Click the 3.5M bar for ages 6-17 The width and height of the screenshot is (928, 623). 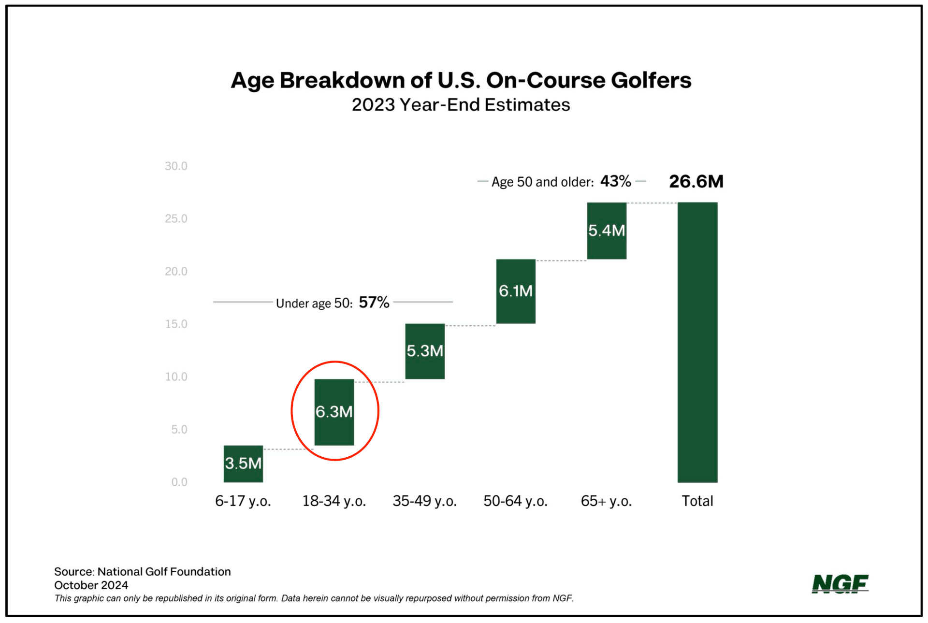pos(243,464)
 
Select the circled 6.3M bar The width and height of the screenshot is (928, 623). pos(334,412)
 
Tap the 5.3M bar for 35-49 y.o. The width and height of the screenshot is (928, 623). pos(425,351)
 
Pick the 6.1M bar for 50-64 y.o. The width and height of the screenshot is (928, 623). pos(516,291)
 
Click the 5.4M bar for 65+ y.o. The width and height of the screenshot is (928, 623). pos(607,231)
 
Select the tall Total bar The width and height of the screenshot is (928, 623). pos(697,342)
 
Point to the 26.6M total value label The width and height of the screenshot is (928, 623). pos(696,182)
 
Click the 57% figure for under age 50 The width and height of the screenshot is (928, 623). pos(374,303)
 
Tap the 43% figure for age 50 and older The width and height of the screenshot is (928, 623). pos(615,182)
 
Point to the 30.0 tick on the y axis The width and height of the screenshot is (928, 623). pos(176,166)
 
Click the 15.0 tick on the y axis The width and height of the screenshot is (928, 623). pos(176,324)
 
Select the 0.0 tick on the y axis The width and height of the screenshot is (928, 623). pos(179,482)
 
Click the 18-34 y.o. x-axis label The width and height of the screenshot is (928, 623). pos(334,501)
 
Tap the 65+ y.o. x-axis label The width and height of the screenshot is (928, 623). pos(606,501)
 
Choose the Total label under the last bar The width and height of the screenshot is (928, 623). pos(697,501)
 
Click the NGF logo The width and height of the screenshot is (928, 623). pos(840,584)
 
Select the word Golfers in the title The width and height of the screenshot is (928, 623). pos(651,80)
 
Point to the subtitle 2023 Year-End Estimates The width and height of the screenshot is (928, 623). pos(461,105)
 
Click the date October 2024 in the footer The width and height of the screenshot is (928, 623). pos(91,585)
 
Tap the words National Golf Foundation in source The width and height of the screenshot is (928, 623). pos(164,572)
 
